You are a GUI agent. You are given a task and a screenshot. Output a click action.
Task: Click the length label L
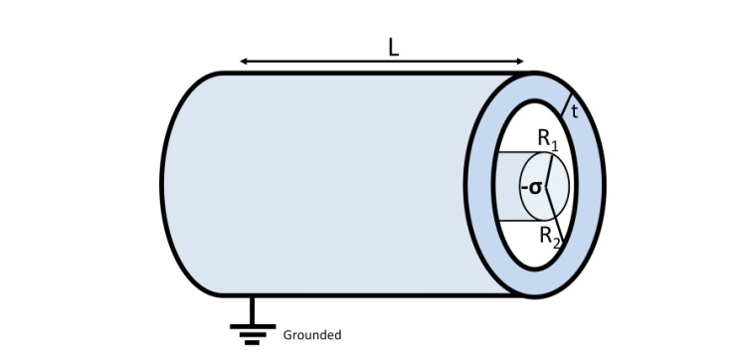point(393,47)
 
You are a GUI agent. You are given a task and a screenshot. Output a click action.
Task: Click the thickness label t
point(575,111)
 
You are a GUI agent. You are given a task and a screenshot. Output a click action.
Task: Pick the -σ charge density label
point(532,187)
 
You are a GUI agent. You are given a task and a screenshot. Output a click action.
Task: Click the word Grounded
point(312,335)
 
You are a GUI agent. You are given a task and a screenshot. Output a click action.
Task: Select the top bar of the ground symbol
point(253,326)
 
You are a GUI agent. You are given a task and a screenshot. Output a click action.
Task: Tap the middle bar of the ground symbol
point(253,334)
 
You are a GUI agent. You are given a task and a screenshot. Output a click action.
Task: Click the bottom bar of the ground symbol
point(253,342)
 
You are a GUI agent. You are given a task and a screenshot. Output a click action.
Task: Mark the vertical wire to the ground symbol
point(253,310)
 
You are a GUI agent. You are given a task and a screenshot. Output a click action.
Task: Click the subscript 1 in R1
point(555,145)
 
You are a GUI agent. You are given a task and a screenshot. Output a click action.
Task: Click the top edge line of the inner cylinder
point(517,153)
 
